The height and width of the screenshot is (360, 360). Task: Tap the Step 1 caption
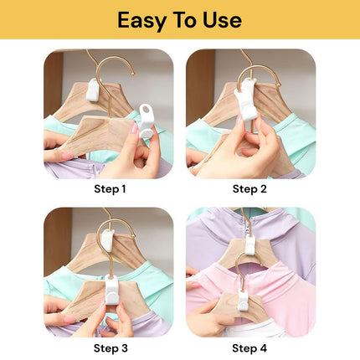(109, 189)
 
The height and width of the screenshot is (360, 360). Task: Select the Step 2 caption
(250, 189)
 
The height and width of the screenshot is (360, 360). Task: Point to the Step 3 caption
(109, 347)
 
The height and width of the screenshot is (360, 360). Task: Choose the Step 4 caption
(250, 347)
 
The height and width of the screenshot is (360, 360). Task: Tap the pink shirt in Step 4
(285, 293)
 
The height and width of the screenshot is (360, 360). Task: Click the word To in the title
(185, 20)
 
